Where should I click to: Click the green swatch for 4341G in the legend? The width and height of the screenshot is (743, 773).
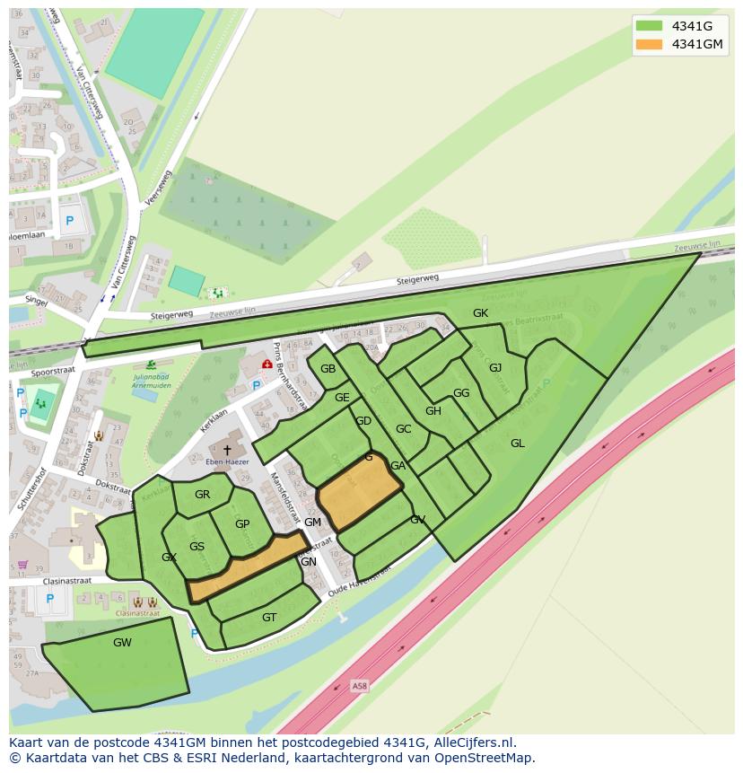[649, 25]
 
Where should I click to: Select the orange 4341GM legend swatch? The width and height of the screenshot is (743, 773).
[649, 44]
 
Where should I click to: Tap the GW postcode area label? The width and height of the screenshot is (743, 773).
[122, 643]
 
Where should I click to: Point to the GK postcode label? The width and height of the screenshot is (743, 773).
[481, 313]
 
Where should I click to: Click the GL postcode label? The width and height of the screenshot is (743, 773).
[518, 444]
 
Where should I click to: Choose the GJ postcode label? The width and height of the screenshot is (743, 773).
[495, 368]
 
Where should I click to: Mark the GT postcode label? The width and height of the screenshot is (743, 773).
[269, 618]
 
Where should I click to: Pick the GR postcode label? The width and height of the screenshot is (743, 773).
[202, 495]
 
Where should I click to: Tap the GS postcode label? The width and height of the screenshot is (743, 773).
[197, 547]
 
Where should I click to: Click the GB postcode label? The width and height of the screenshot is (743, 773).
[328, 369]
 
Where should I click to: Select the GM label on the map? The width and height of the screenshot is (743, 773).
[312, 523]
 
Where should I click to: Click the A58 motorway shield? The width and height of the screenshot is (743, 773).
[360, 687]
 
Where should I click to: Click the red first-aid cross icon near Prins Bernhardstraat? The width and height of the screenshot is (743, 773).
[267, 365]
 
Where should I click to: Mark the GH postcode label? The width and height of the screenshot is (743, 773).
[433, 411]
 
